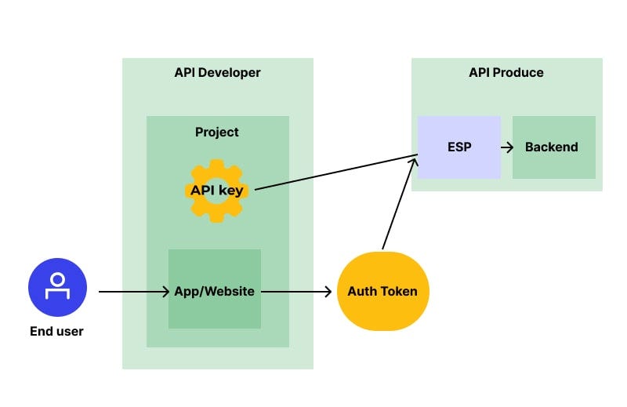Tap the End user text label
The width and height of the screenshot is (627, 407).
click(56, 331)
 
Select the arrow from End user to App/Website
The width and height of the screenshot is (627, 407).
click(133, 292)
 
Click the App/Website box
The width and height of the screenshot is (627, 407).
click(214, 290)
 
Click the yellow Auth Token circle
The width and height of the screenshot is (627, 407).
click(382, 291)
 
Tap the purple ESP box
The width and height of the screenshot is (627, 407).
click(458, 147)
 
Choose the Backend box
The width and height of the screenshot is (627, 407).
click(553, 147)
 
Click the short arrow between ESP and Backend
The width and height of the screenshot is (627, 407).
click(506, 147)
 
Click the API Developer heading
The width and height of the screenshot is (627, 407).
click(217, 73)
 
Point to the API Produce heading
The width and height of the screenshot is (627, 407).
click(506, 73)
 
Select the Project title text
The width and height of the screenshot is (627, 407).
click(217, 132)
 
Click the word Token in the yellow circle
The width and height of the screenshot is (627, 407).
click(400, 292)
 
